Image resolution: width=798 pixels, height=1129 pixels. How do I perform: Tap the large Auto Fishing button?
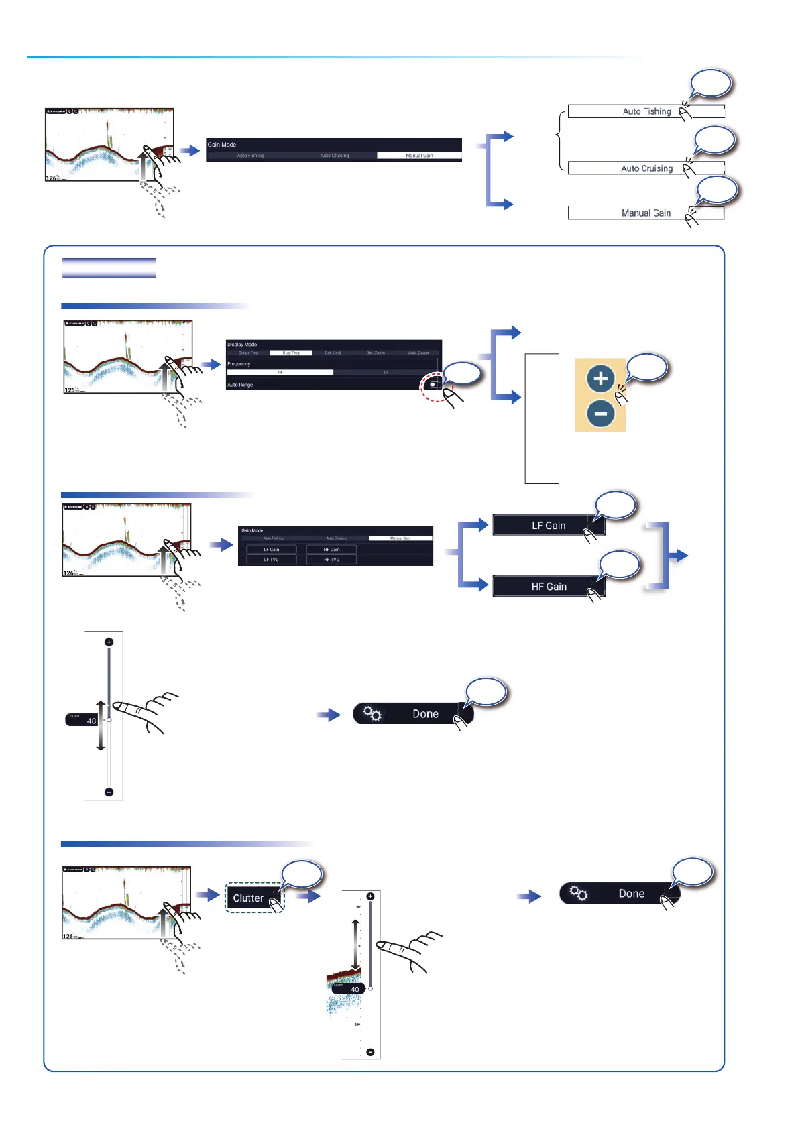(x=646, y=111)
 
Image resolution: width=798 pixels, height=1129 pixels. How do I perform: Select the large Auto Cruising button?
(x=646, y=168)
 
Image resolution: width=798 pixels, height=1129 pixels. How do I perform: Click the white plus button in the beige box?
(x=600, y=379)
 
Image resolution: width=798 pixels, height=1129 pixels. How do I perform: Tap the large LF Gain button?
(x=549, y=525)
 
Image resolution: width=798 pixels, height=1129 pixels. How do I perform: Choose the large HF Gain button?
(x=549, y=586)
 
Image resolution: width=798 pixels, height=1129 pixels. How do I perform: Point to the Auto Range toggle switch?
(x=435, y=385)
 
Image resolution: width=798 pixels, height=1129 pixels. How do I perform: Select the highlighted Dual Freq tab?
(x=290, y=353)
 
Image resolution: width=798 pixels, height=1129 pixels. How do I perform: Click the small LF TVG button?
(x=271, y=559)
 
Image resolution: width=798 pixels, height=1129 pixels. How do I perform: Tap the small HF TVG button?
(x=331, y=559)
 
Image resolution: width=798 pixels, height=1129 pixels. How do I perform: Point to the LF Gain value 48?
(x=91, y=721)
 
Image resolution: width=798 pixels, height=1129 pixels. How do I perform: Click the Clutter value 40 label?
(x=354, y=989)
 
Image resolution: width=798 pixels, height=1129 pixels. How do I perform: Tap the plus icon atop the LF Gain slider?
(x=109, y=642)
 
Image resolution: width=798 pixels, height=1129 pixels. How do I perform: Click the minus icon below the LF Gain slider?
(x=109, y=792)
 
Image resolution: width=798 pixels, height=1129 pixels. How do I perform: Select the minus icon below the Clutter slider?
(x=370, y=1052)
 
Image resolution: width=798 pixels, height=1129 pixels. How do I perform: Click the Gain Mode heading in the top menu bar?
(x=222, y=145)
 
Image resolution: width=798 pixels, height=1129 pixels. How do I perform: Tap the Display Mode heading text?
(x=242, y=345)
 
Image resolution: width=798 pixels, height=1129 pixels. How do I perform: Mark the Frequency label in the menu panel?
(x=239, y=364)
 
